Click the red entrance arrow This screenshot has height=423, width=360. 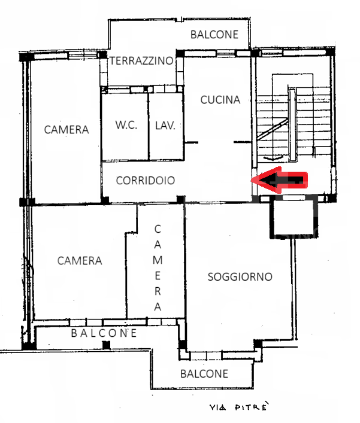click(280, 180)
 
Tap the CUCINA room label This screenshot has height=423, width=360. click(220, 100)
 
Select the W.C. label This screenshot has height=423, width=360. click(126, 124)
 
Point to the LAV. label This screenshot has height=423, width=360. click(165, 126)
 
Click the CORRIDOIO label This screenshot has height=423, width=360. click(146, 181)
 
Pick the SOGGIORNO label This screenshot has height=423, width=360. click(240, 277)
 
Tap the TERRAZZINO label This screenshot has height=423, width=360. click(141, 60)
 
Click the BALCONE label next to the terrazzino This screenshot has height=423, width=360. click(214, 35)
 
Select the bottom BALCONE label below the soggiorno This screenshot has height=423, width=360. click(204, 373)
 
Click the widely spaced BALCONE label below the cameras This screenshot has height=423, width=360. click(104, 333)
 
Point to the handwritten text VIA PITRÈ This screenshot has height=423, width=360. click(240, 406)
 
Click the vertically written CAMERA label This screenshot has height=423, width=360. click(158, 268)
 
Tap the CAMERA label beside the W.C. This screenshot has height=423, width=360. click(66, 130)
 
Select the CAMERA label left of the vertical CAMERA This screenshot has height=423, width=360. click(80, 261)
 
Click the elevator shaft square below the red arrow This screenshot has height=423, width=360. click(294, 219)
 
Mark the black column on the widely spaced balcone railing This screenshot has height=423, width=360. click(107, 345)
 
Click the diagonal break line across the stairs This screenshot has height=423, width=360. click(272, 129)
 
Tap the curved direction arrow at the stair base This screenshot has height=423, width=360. click(273, 157)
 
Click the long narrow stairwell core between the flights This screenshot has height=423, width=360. click(292, 124)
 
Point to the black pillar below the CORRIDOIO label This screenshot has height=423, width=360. click(180, 200)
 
